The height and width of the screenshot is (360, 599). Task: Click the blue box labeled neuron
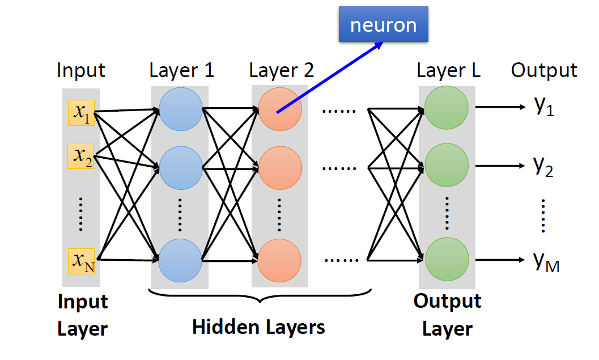(384, 25)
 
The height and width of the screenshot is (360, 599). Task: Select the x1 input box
(81, 113)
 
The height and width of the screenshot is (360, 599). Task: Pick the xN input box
(81, 261)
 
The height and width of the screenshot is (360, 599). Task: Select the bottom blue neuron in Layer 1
(180, 259)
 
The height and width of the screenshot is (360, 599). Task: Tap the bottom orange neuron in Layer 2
(280, 259)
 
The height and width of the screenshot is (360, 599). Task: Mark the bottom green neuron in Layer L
(447, 259)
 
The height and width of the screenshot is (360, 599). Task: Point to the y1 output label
(543, 106)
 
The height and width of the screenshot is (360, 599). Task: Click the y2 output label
(543, 166)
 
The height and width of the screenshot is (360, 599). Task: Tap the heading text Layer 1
(182, 70)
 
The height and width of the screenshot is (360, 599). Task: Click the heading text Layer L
(448, 70)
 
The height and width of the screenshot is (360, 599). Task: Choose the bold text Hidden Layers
(258, 327)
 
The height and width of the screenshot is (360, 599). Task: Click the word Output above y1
(544, 70)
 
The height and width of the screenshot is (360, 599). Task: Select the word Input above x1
(81, 70)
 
